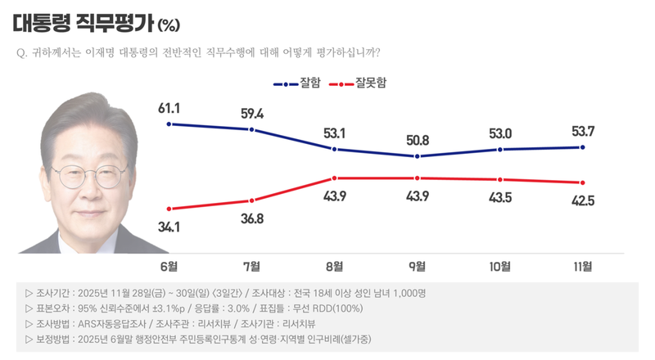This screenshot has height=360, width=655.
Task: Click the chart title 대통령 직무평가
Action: (81, 20)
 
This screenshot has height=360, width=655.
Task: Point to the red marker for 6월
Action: (169, 209)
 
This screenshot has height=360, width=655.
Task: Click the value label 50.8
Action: (418, 141)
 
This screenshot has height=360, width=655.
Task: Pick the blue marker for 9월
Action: (418, 156)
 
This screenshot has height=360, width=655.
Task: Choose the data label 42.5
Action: (582, 200)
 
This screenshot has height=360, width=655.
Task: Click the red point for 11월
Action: (582, 182)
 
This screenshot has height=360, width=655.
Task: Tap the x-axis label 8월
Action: (334, 266)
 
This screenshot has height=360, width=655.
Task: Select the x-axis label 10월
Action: (499, 266)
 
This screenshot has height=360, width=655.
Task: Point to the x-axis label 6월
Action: (169, 266)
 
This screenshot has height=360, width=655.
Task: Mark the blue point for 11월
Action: (582, 147)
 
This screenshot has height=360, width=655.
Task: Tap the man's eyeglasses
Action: (89, 174)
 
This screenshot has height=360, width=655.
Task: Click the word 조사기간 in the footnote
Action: (55, 293)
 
